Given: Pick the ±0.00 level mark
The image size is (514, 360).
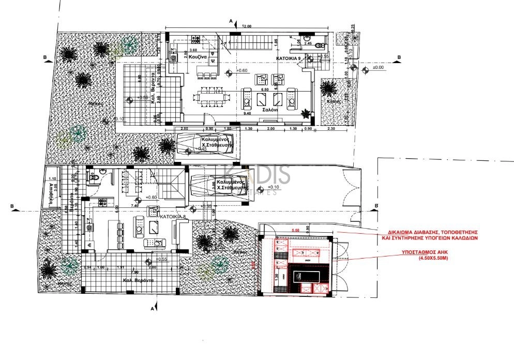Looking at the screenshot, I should coord(379,67).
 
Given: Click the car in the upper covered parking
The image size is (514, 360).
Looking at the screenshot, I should coord(206,143).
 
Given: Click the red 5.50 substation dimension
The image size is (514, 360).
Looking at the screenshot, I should coord(296,230).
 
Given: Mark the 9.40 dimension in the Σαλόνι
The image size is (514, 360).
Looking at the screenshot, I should coord(247,113).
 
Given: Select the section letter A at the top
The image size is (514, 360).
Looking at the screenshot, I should coord(231,20).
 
